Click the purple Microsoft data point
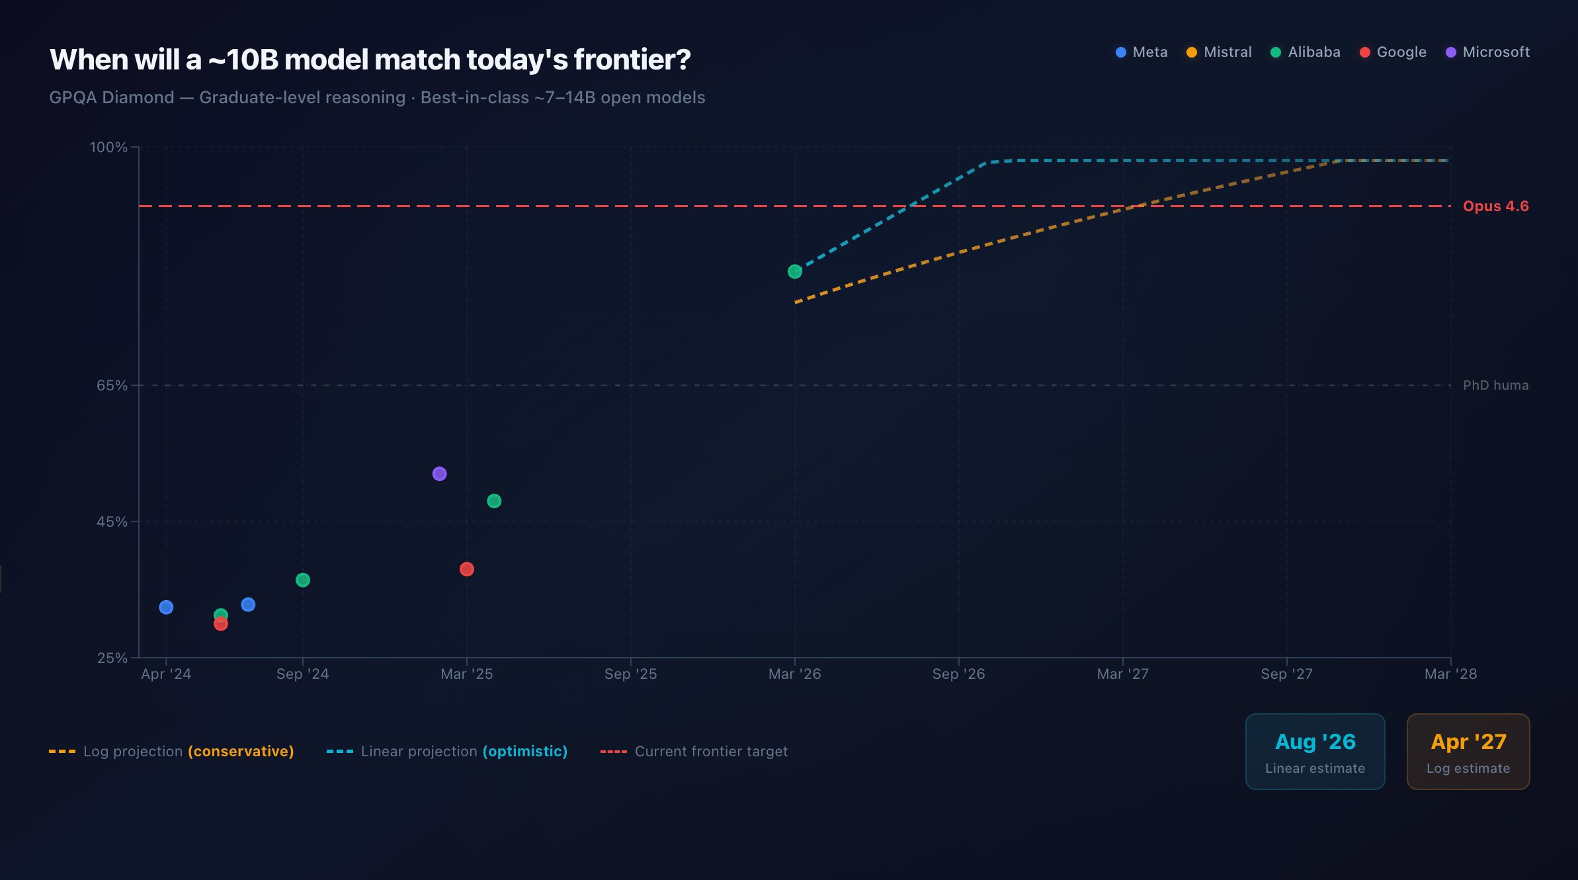tap(439, 474)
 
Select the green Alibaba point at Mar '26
tap(795, 271)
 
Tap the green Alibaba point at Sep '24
tap(303, 580)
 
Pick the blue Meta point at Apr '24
tap(166, 607)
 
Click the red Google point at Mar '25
tap(467, 569)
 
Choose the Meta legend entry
tap(1142, 52)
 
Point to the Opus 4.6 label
tap(1495, 206)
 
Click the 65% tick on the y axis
tap(112, 385)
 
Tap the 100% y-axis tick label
tap(108, 147)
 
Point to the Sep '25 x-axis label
tap(630, 674)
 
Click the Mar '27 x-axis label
tap(1122, 674)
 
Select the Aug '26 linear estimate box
tap(1315, 752)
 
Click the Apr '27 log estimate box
tap(1468, 752)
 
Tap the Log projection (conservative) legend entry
tap(172, 752)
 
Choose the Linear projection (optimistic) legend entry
tap(448, 752)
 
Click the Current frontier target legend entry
tap(694, 752)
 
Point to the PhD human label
tap(1495, 385)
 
